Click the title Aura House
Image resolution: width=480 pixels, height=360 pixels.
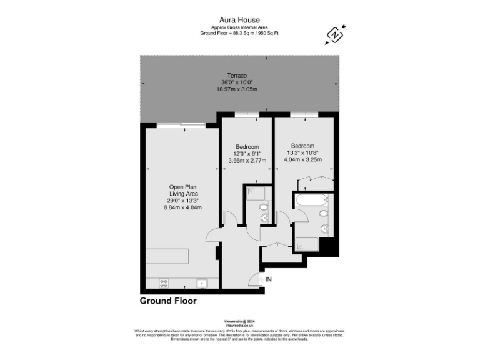point(241,21)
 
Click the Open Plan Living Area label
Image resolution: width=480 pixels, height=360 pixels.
point(184,193)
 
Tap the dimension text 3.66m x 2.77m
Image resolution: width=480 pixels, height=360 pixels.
point(247,161)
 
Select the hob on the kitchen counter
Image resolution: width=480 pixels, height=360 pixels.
point(164,283)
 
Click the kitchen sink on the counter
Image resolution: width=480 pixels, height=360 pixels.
point(202,283)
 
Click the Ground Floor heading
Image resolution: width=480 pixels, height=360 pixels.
point(167,301)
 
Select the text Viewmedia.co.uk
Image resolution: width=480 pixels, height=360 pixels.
point(239,326)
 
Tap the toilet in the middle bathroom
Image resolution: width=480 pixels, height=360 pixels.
point(264,206)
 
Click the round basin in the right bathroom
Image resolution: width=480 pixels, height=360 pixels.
point(323,229)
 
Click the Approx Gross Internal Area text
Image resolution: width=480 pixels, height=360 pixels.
point(240,28)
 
